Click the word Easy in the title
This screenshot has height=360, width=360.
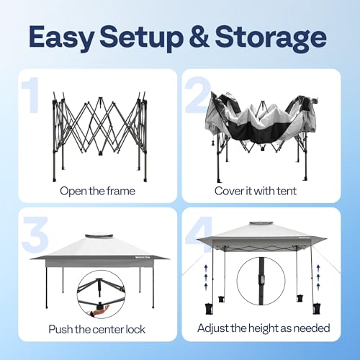tap(68, 36)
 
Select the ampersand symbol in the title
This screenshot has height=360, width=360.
tap(204, 36)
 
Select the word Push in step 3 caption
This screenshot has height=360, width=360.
tap(61, 330)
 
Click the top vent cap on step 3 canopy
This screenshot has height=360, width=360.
tap(99, 235)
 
